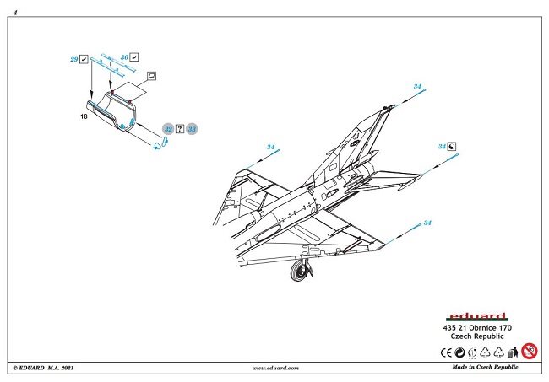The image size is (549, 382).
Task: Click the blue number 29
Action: tap(74, 60)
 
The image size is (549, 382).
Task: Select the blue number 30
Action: tap(124, 57)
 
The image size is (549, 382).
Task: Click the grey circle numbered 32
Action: tap(168, 129)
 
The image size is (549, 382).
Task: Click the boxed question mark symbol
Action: tap(180, 129)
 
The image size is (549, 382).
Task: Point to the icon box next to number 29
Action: tap(85, 60)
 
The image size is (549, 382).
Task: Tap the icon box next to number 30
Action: tap(135, 57)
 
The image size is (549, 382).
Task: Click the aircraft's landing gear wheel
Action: tap(299, 271)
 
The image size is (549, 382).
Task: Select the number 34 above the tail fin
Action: tap(417, 87)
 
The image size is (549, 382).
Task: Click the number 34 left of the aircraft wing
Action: tap(270, 148)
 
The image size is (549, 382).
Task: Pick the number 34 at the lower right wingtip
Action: tap(427, 223)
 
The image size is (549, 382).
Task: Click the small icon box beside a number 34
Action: tap(452, 146)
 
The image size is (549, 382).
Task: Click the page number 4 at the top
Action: tap(16, 13)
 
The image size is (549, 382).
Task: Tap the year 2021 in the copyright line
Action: tap(75, 369)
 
